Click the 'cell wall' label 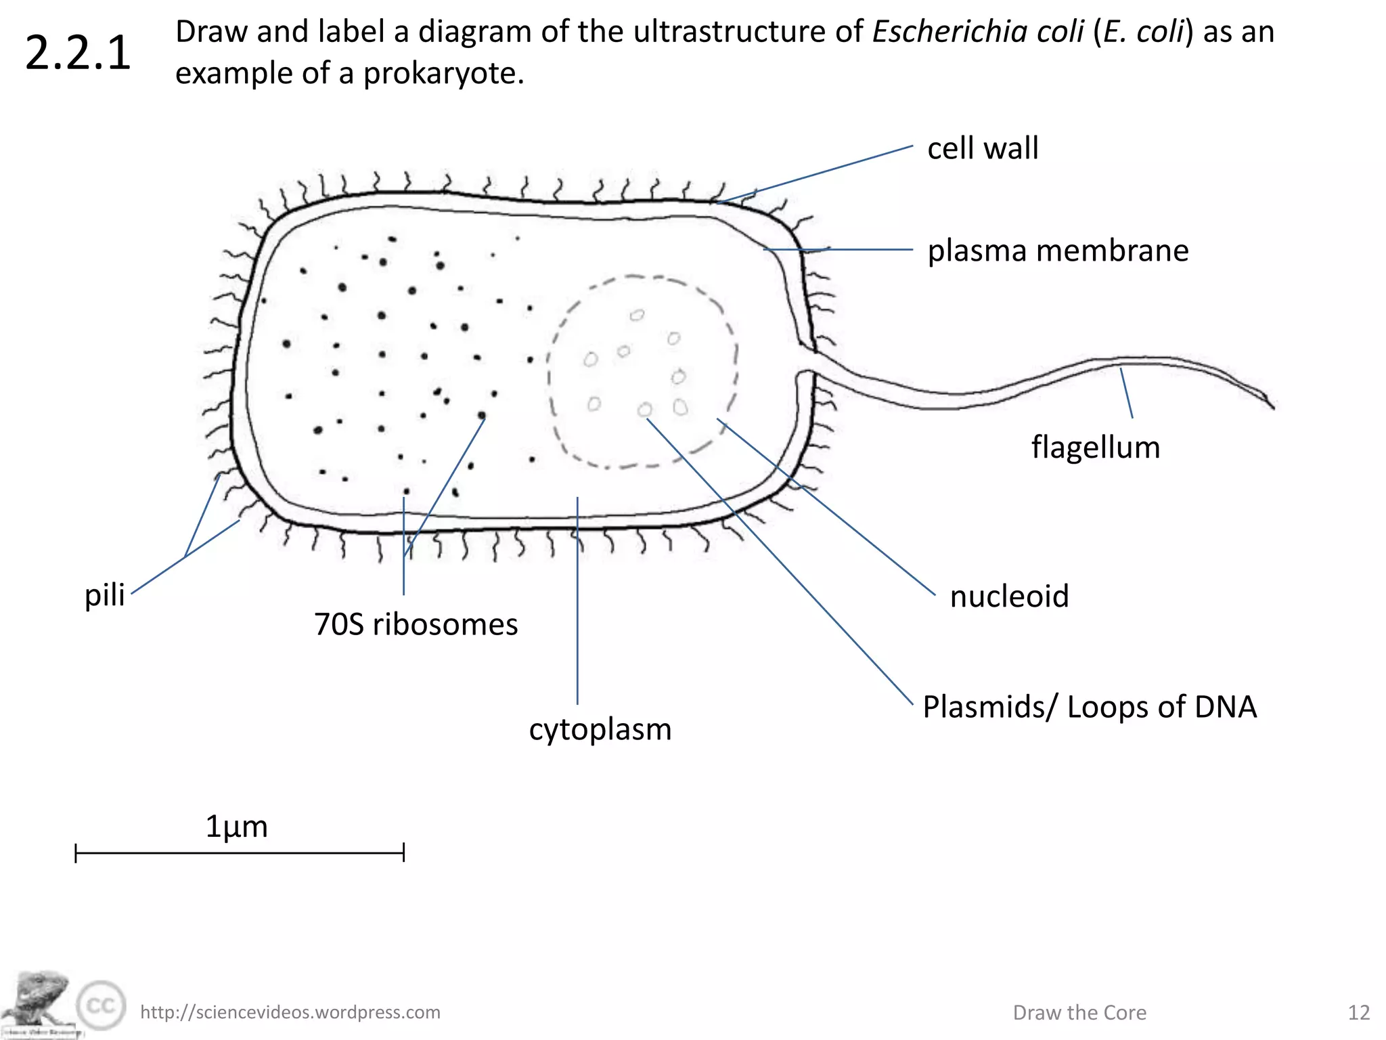click(x=982, y=148)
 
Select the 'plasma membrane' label click(x=1058, y=251)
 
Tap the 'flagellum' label click(x=1095, y=448)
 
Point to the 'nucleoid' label click(x=1009, y=597)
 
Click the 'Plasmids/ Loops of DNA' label click(x=1090, y=707)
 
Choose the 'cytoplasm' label click(x=600, y=729)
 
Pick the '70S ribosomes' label click(x=416, y=624)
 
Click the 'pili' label click(x=105, y=595)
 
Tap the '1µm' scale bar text click(x=236, y=827)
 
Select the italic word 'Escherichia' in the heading click(x=978, y=32)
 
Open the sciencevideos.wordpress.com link click(x=290, y=1012)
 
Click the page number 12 click(x=1358, y=1012)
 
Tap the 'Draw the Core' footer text click(x=1079, y=1012)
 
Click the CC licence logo click(x=101, y=1006)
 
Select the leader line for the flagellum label click(x=1126, y=393)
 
